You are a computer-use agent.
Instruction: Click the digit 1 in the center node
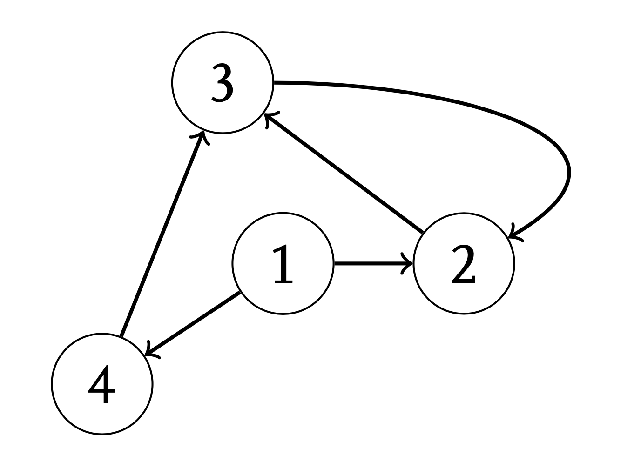(283, 264)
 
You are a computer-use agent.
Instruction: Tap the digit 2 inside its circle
(463, 264)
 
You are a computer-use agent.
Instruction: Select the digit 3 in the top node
(223, 83)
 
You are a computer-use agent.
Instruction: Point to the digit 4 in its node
(102, 384)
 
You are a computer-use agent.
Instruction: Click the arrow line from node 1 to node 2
(373, 263)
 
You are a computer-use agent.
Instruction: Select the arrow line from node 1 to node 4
(193, 324)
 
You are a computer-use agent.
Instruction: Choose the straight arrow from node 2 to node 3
(344, 172)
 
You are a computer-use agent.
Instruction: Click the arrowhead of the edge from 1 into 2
(409, 263)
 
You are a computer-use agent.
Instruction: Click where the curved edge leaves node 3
(274, 83)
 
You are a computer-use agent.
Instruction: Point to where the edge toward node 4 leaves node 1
(240, 292)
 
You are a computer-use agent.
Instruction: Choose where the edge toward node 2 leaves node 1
(334, 263)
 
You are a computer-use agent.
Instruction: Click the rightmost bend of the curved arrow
(569, 172)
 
